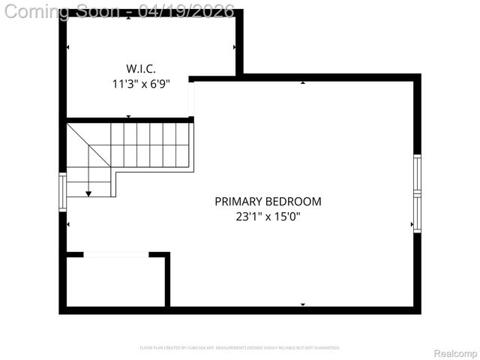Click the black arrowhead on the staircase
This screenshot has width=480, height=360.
pyautogui.click(x=88, y=193)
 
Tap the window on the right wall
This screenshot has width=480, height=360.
pyautogui.click(x=417, y=193)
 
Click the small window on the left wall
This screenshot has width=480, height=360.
pyautogui.click(x=63, y=191)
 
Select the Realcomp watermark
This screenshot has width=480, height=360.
pyautogui.click(x=456, y=353)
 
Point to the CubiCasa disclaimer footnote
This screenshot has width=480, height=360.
pyautogui.click(x=240, y=348)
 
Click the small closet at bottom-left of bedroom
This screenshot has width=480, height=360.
pyautogui.click(x=116, y=283)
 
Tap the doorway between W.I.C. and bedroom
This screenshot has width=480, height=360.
pyautogui.click(x=191, y=98)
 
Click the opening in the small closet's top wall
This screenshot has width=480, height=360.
pyautogui.click(x=115, y=255)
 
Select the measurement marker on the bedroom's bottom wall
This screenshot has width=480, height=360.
pyautogui.click(x=303, y=304)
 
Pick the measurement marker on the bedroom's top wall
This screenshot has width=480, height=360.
pyautogui.click(x=303, y=82)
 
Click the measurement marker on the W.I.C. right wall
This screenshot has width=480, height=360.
pyautogui.click(x=235, y=47)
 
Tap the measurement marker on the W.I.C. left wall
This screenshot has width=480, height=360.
pyautogui.click(x=68, y=47)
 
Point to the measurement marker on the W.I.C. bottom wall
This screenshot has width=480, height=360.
pyautogui.click(x=128, y=116)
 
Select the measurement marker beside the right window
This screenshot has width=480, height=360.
pyautogui.click(x=411, y=224)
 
